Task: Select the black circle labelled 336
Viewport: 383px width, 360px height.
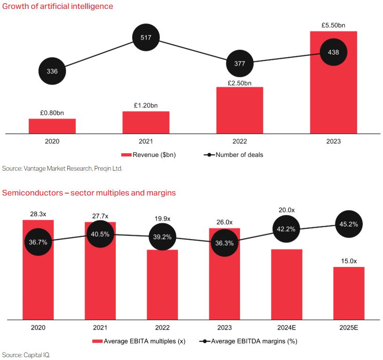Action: pos(52,71)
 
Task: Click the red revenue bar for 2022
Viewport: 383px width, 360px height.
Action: pos(239,110)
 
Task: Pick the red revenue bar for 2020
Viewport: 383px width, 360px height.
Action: pos(52,126)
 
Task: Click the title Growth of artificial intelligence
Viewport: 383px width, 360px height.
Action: pos(57,7)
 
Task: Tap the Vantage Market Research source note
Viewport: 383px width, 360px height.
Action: pos(62,168)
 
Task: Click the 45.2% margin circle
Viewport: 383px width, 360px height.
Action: pos(349,224)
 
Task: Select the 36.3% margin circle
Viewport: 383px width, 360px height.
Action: pos(224,243)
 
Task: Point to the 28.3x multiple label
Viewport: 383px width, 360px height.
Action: pos(39,214)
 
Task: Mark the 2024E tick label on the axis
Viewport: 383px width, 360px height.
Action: pos(287,328)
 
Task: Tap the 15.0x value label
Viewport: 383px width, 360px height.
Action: pos(349,261)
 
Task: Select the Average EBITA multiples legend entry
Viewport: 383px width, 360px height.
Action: pos(141,341)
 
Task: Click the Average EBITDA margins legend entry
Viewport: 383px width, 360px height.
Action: pos(248,341)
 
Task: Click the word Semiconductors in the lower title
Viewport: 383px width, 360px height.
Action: pos(31,193)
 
